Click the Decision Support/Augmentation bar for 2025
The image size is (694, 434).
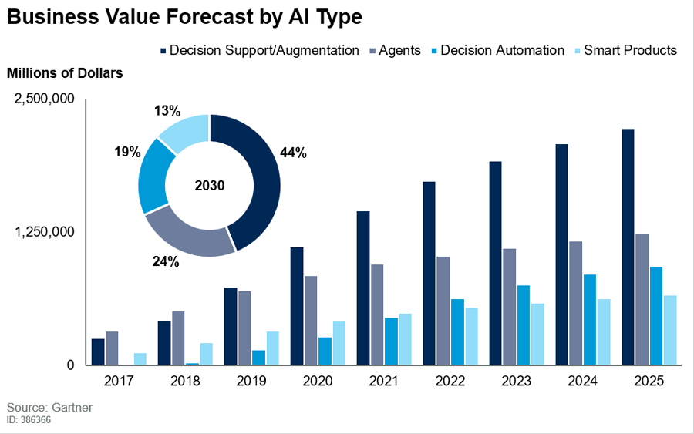click(x=628, y=247)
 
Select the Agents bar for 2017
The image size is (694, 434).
click(x=112, y=348)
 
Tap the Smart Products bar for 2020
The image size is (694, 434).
click(x=339, y=343)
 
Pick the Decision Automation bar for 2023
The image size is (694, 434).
click(x=524, y=325)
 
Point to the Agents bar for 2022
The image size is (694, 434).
click(x=443, y=311)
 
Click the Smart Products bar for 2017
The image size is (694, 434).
click(x=140, y=359)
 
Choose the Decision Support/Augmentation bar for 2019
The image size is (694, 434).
click(x=230, y=326)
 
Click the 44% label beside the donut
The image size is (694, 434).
click(x=294, y=153)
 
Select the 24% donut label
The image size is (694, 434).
click(x=167, y=262)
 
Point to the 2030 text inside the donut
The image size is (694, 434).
click(x=210, y=186)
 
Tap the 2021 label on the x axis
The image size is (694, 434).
click(x=384, y=382)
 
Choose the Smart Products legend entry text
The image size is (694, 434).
click(x=630, y=50)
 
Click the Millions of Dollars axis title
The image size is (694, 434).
click(x=65, y=73)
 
